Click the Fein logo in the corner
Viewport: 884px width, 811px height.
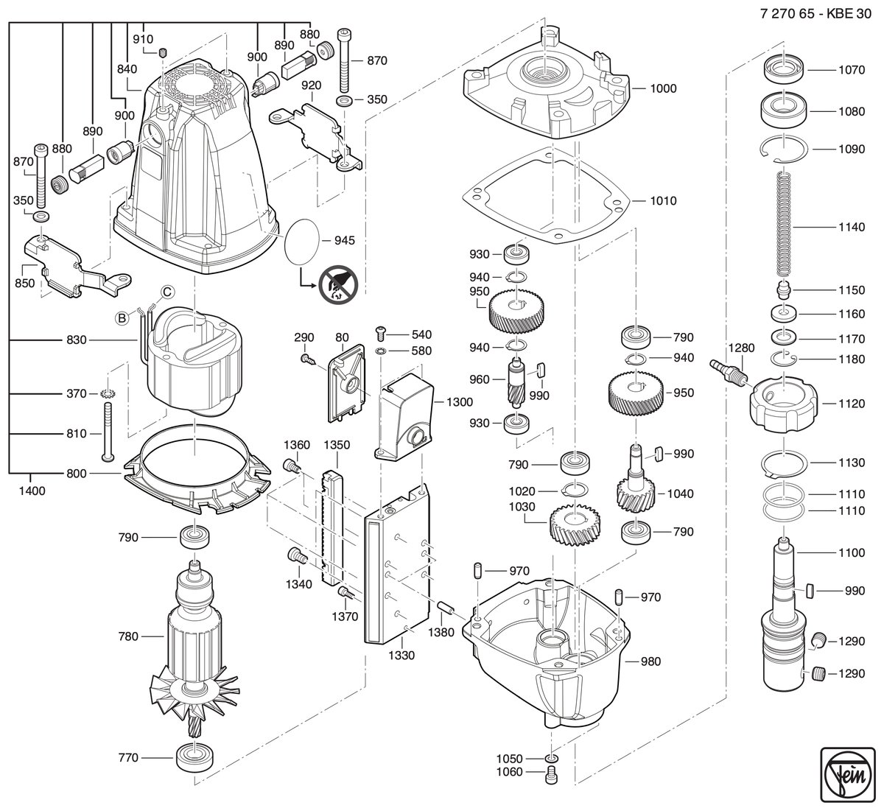click(848, 774)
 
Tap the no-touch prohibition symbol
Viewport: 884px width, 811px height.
click(338, 284)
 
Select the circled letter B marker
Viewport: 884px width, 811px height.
click(122, 317)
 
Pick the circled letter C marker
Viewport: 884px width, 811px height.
click(167, 292)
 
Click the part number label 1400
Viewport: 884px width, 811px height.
click(32, 491)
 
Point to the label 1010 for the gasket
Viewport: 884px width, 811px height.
click(663, 201)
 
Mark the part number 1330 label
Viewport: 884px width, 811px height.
click(401, 656)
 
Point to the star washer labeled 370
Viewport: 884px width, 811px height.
click(106, 393)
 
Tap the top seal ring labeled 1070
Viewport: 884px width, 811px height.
click(784, 69)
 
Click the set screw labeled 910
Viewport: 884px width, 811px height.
click(163, 52)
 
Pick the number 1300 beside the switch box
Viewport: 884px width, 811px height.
click(459, 402)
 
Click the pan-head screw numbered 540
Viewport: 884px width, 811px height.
click(380, 334)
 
